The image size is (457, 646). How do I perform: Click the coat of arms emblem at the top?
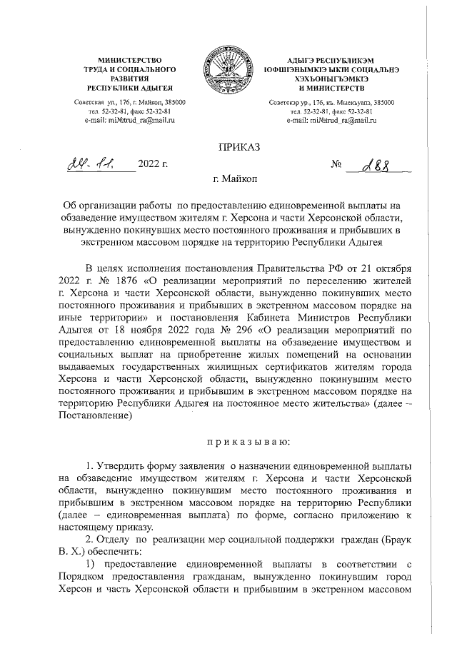coord(228,73)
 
